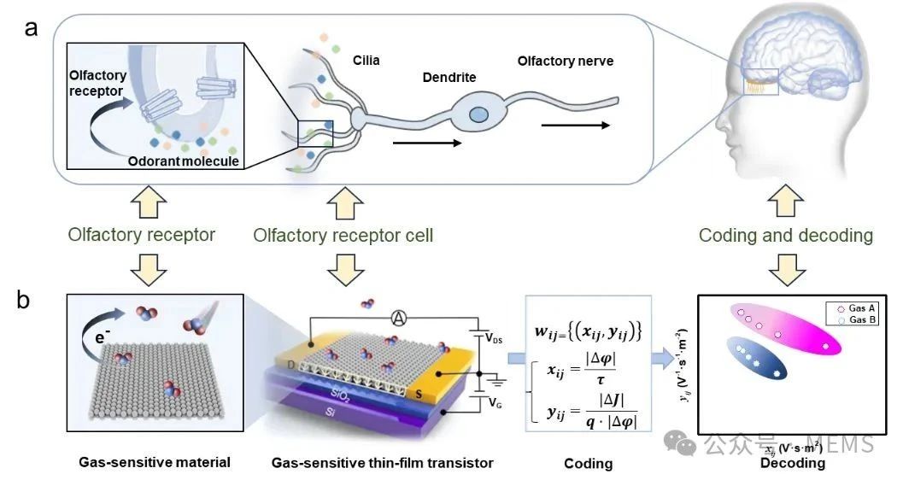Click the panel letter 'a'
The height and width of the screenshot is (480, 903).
[32, 28]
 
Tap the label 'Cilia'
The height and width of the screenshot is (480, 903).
[366, 61]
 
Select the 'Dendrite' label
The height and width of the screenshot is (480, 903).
[449, 78]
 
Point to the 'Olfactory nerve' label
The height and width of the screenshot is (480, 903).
[565, 61]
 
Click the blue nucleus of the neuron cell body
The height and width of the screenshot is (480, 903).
[480, 114]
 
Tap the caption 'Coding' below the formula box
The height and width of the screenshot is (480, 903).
[588, 464]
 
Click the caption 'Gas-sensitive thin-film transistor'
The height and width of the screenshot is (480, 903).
[382, 463]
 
